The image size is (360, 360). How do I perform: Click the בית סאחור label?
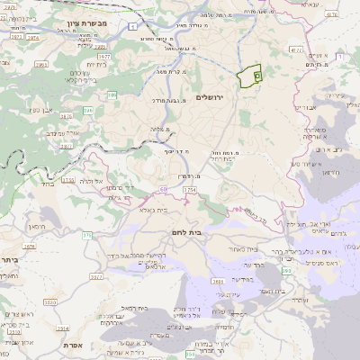click(243, 249)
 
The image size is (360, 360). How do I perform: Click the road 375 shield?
click(86, 235)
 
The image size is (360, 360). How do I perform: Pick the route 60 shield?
click(165, 188)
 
